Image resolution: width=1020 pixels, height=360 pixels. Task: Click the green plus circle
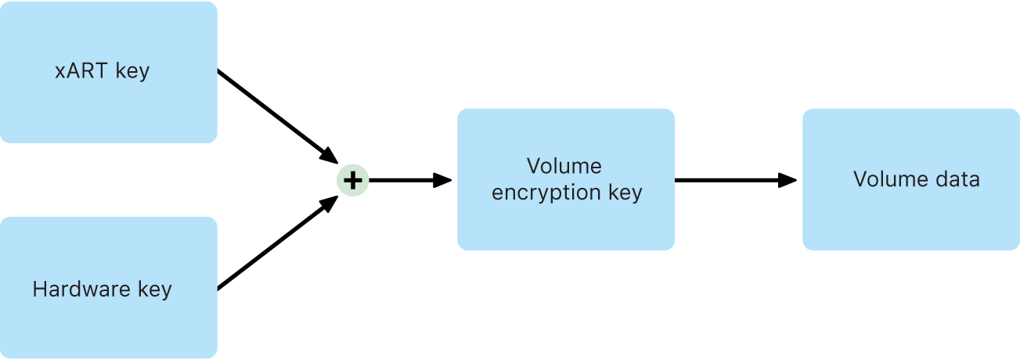352,181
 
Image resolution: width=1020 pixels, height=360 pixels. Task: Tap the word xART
82,71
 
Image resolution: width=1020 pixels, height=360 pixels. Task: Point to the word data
958,179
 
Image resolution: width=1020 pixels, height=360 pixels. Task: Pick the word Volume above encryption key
564,166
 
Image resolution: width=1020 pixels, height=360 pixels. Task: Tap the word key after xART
132,71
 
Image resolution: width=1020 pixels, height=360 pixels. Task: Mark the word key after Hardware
154,290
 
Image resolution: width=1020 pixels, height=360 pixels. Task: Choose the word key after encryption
625,193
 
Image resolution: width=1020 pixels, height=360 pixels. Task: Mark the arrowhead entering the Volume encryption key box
443,181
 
